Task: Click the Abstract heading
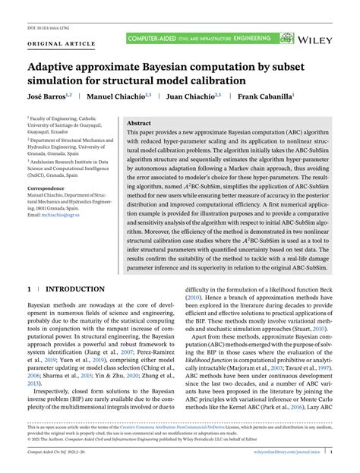(x=138, y=123)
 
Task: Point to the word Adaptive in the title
(x=56, y=65)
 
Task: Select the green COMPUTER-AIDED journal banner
(x=197, y=36)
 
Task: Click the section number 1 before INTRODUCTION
(x=29, y=290)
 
